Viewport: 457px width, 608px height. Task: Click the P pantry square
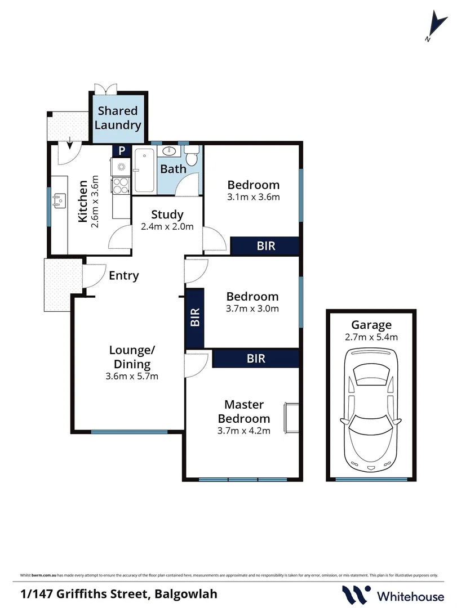(120, 151)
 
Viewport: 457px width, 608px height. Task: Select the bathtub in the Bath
(144, 170)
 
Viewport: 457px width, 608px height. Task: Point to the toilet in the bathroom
(192, 156)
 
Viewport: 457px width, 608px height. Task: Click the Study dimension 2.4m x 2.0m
(167, 227)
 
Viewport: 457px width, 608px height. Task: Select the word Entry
(123, 276)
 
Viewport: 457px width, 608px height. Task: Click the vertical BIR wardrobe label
(195, 318)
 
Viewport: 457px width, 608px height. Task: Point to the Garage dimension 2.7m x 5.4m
(371, 337)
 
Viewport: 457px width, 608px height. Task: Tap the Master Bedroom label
(244, 412)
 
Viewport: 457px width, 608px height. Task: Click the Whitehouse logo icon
(356, 594)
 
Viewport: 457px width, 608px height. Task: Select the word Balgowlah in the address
(182, 593)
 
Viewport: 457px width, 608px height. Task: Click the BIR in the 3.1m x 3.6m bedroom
(265, 245)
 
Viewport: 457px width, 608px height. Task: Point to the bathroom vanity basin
(168, 151)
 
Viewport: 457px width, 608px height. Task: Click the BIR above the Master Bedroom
(256, 358)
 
